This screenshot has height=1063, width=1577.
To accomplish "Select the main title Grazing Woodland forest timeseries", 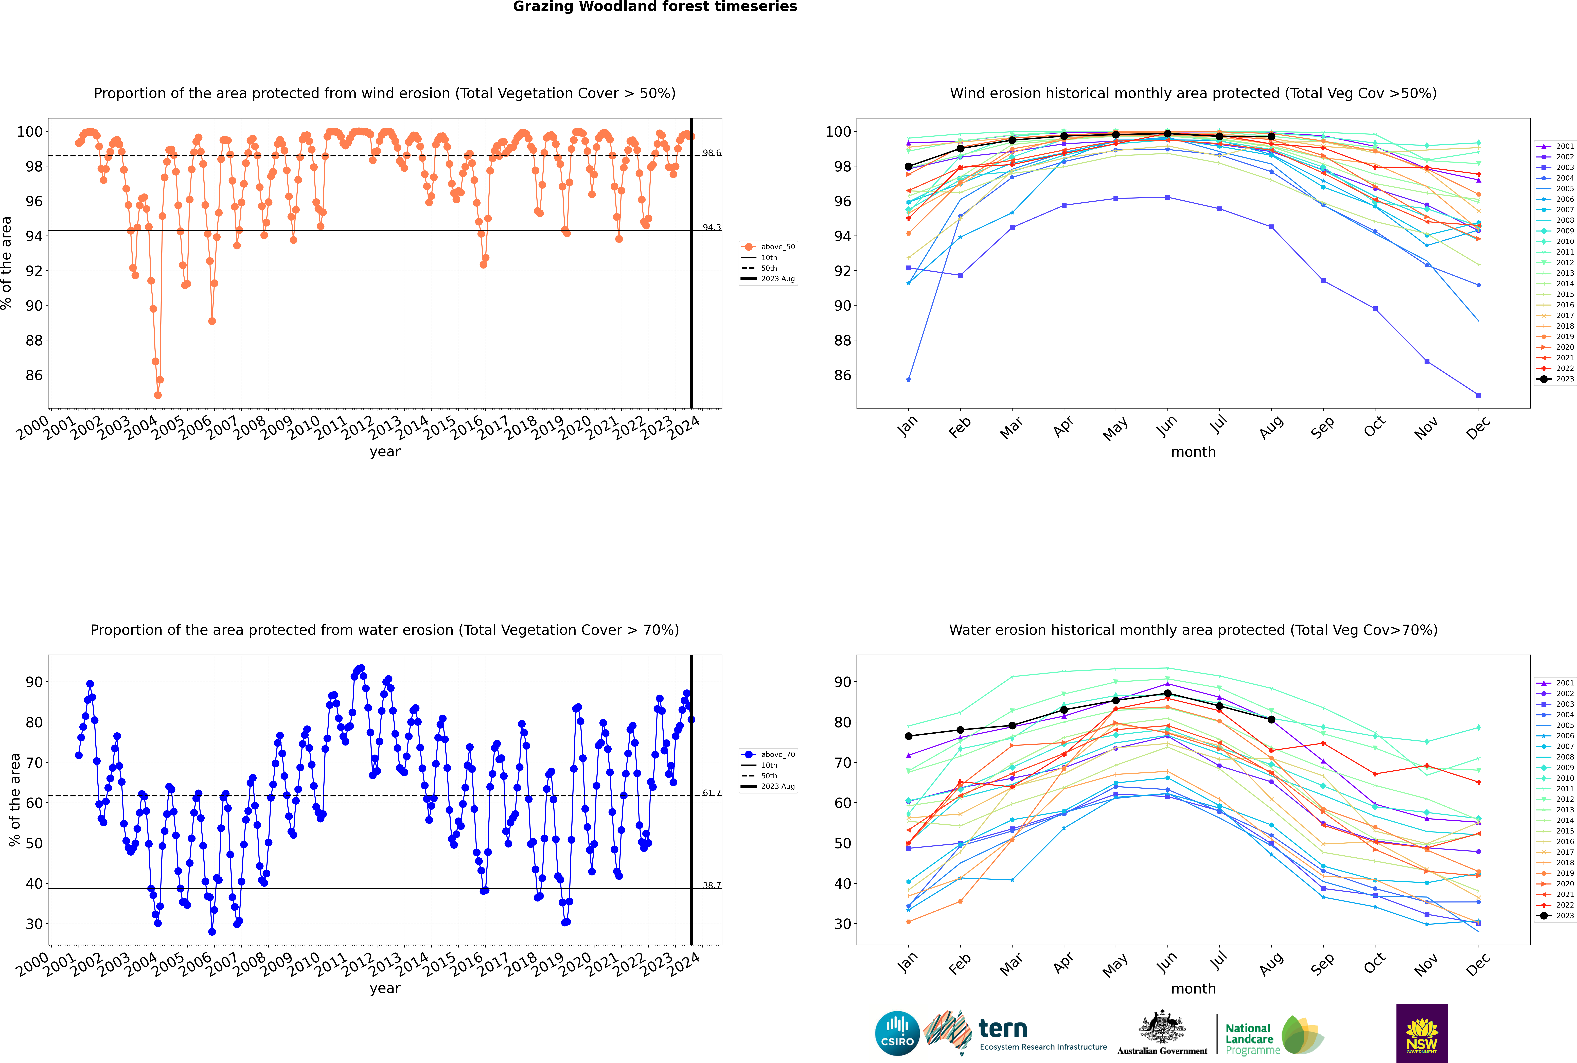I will click(x=655, y=7).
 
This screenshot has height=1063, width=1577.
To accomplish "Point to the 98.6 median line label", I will click(x=711, y=153).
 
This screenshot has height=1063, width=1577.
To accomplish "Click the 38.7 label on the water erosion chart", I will click(x=711, y=885).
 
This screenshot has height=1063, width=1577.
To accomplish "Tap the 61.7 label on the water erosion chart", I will click(x=711, y=793).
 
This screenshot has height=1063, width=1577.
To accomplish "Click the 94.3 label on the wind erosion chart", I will click(x=711, y=228).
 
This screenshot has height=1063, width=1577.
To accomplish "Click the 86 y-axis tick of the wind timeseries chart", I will click(x=34, y=376).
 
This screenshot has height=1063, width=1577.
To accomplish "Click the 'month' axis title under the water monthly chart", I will click(x=1193, y=988).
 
